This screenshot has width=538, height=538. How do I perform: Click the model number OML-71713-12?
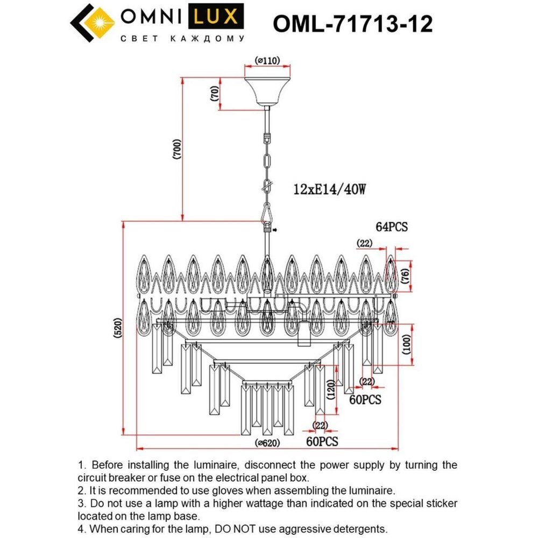click(x=352, y=24)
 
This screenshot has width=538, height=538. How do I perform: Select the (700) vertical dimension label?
click(x=176, y=149)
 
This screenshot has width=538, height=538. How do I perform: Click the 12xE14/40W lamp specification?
click(x=329, y=189)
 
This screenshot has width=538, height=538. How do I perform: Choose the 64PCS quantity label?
click(x=391, y=227)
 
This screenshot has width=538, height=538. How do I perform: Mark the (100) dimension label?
click(x=407, y=344)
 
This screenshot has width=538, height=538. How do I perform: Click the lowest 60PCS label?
click(x=322, y=441)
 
